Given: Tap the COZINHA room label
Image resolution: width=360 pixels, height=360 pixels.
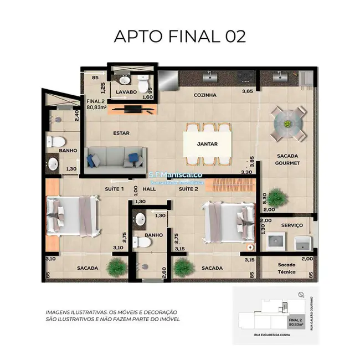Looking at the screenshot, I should point(205,95).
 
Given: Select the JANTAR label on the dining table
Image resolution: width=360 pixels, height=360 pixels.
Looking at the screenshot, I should point(207,144).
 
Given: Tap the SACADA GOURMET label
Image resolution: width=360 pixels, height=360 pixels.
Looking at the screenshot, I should point(287,160).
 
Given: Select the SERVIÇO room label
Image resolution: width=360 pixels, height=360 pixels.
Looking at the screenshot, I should point(291,225).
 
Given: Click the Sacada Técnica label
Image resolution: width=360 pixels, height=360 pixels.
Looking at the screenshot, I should point(287,268).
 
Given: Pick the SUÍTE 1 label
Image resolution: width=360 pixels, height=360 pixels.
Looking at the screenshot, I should point(115,189).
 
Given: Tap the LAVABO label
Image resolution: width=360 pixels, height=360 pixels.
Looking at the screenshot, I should point(126,92).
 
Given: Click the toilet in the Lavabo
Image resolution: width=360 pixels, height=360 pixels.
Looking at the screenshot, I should point(144,85).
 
